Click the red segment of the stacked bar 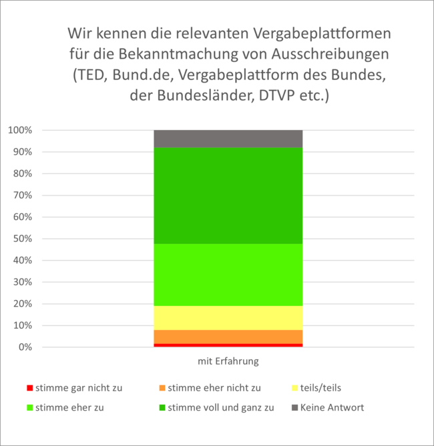[x=228, y=345]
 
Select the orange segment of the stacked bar [x=228, y=337]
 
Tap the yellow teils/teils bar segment [x=228, y=318]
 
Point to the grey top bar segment [x=228, y=139]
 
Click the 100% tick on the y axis [x=19, y=130]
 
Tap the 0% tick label [x=24, y=347]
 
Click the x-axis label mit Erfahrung [x=228, y=362]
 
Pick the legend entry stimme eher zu [x=69, y=407]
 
